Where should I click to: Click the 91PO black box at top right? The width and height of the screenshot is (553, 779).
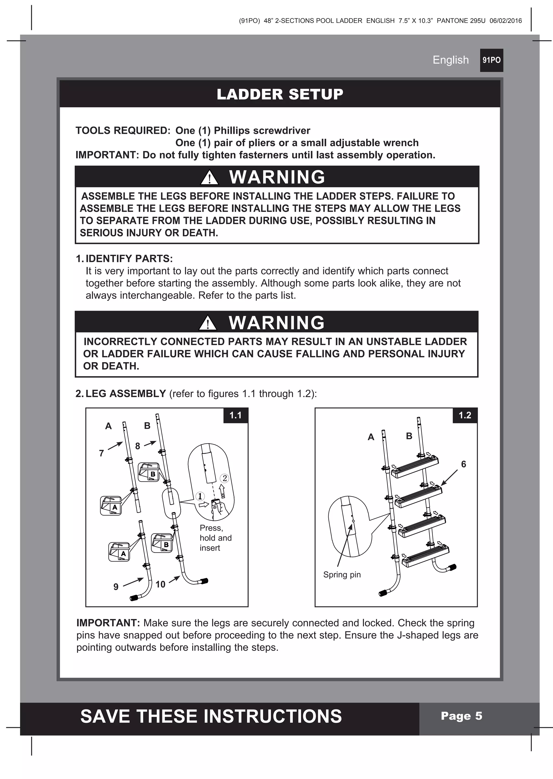pos(491,60)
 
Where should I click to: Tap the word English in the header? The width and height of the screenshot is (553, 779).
pos(450,60)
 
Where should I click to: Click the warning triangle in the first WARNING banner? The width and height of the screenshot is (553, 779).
pos(209,178)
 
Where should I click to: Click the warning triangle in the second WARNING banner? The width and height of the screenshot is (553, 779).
pos(207,323)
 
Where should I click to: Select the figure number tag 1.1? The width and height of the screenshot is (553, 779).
pos(235,415)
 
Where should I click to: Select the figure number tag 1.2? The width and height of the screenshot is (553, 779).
pos(464,415)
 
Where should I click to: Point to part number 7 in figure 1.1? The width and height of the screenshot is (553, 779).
pos(102,453)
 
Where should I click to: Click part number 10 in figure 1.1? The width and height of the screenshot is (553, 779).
pos(160,584)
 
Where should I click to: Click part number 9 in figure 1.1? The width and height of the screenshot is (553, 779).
pos(116,587)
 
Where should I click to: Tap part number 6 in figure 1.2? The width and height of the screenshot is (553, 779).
pos(463,464)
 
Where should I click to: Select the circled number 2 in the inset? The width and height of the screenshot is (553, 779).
pos(225,478)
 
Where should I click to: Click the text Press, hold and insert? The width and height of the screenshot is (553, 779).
pos(215,538)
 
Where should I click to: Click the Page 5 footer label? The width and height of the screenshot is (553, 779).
pos(461,716)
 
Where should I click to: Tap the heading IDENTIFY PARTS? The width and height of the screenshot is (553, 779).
pos(129,258)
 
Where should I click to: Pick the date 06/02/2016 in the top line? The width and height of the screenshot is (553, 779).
pos(505,21)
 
